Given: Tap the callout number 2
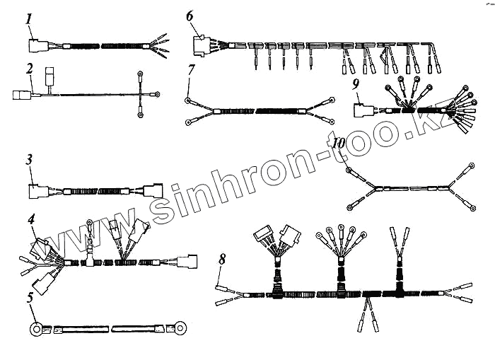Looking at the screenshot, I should pyautogui.click(x=30, y=69).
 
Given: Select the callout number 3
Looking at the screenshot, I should pyautogui.click(x=29, y=160).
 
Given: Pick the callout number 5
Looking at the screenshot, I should pyautogui.click(x=29, y=298).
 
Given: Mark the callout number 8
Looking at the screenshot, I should pyautogui.click(x=221, y=260).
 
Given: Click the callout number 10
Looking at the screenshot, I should pyautogui.click(x=339, y=143).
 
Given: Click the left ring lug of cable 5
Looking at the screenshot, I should pyautogui.click(x=34, y=328).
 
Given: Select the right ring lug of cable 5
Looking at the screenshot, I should pyautogui.click(x=180, y=328).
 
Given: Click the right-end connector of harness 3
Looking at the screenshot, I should pyautogui.click(x=153, y=191).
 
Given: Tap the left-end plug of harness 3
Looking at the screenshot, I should pyautogui.click(x=37, y=191).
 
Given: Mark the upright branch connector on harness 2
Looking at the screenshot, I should pyautogui.click(x=50, y=76).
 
